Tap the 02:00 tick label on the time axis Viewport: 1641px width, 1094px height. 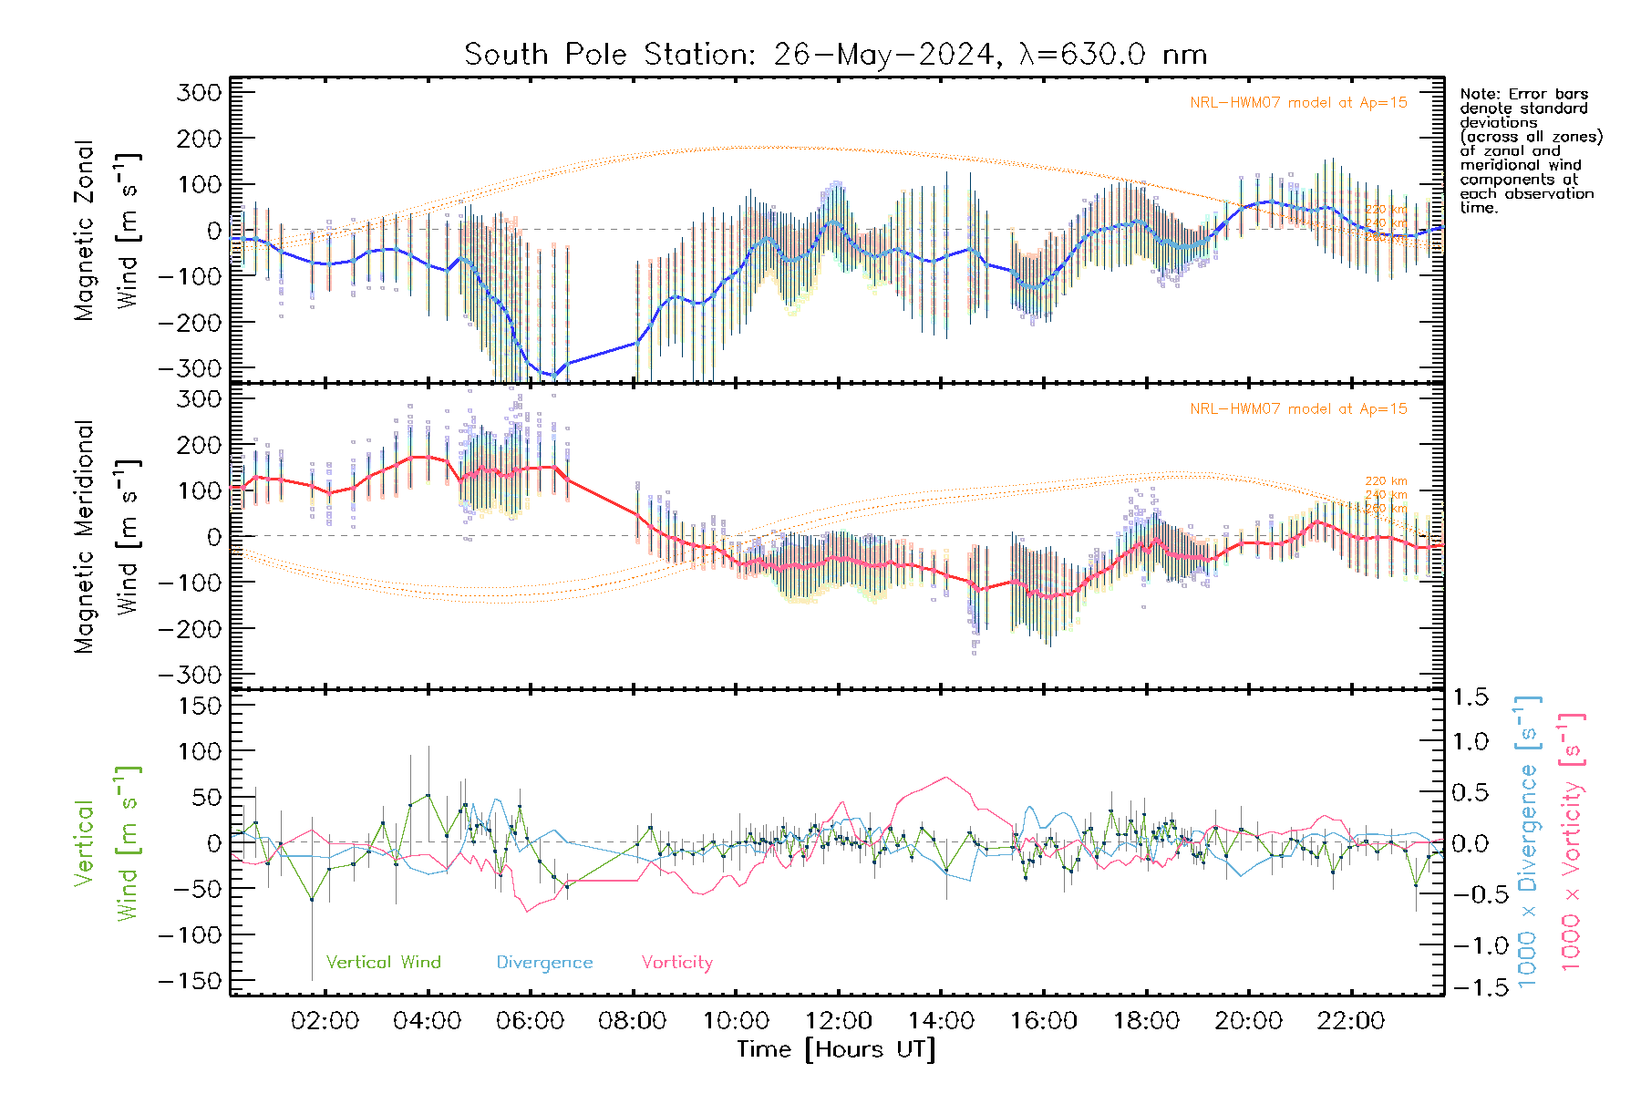point(325,1021)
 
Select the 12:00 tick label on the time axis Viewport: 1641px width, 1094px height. point(838,1021)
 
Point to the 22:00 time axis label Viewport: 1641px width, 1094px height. point(1351,1021)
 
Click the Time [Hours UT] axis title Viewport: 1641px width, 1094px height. point(836,1049)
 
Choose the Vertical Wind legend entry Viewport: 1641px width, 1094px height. point(383,963)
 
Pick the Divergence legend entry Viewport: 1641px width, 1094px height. point(544,963)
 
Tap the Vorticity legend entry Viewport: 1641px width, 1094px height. point(676,963)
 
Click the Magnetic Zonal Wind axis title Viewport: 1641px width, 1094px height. point(108,230)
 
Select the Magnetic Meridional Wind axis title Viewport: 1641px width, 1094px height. point(108,537)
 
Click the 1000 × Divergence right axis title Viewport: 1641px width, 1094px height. point(1527,841)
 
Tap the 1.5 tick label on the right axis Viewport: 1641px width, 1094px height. point(1470,697)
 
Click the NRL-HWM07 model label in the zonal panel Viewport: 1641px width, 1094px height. point(1298,103)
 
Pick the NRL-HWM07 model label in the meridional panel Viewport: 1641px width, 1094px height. point(1298,409)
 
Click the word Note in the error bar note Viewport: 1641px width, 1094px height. point(1478,94)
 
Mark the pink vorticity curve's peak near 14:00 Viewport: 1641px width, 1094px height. point(946,778)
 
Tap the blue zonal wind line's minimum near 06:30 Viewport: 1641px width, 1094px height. point(553,376)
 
